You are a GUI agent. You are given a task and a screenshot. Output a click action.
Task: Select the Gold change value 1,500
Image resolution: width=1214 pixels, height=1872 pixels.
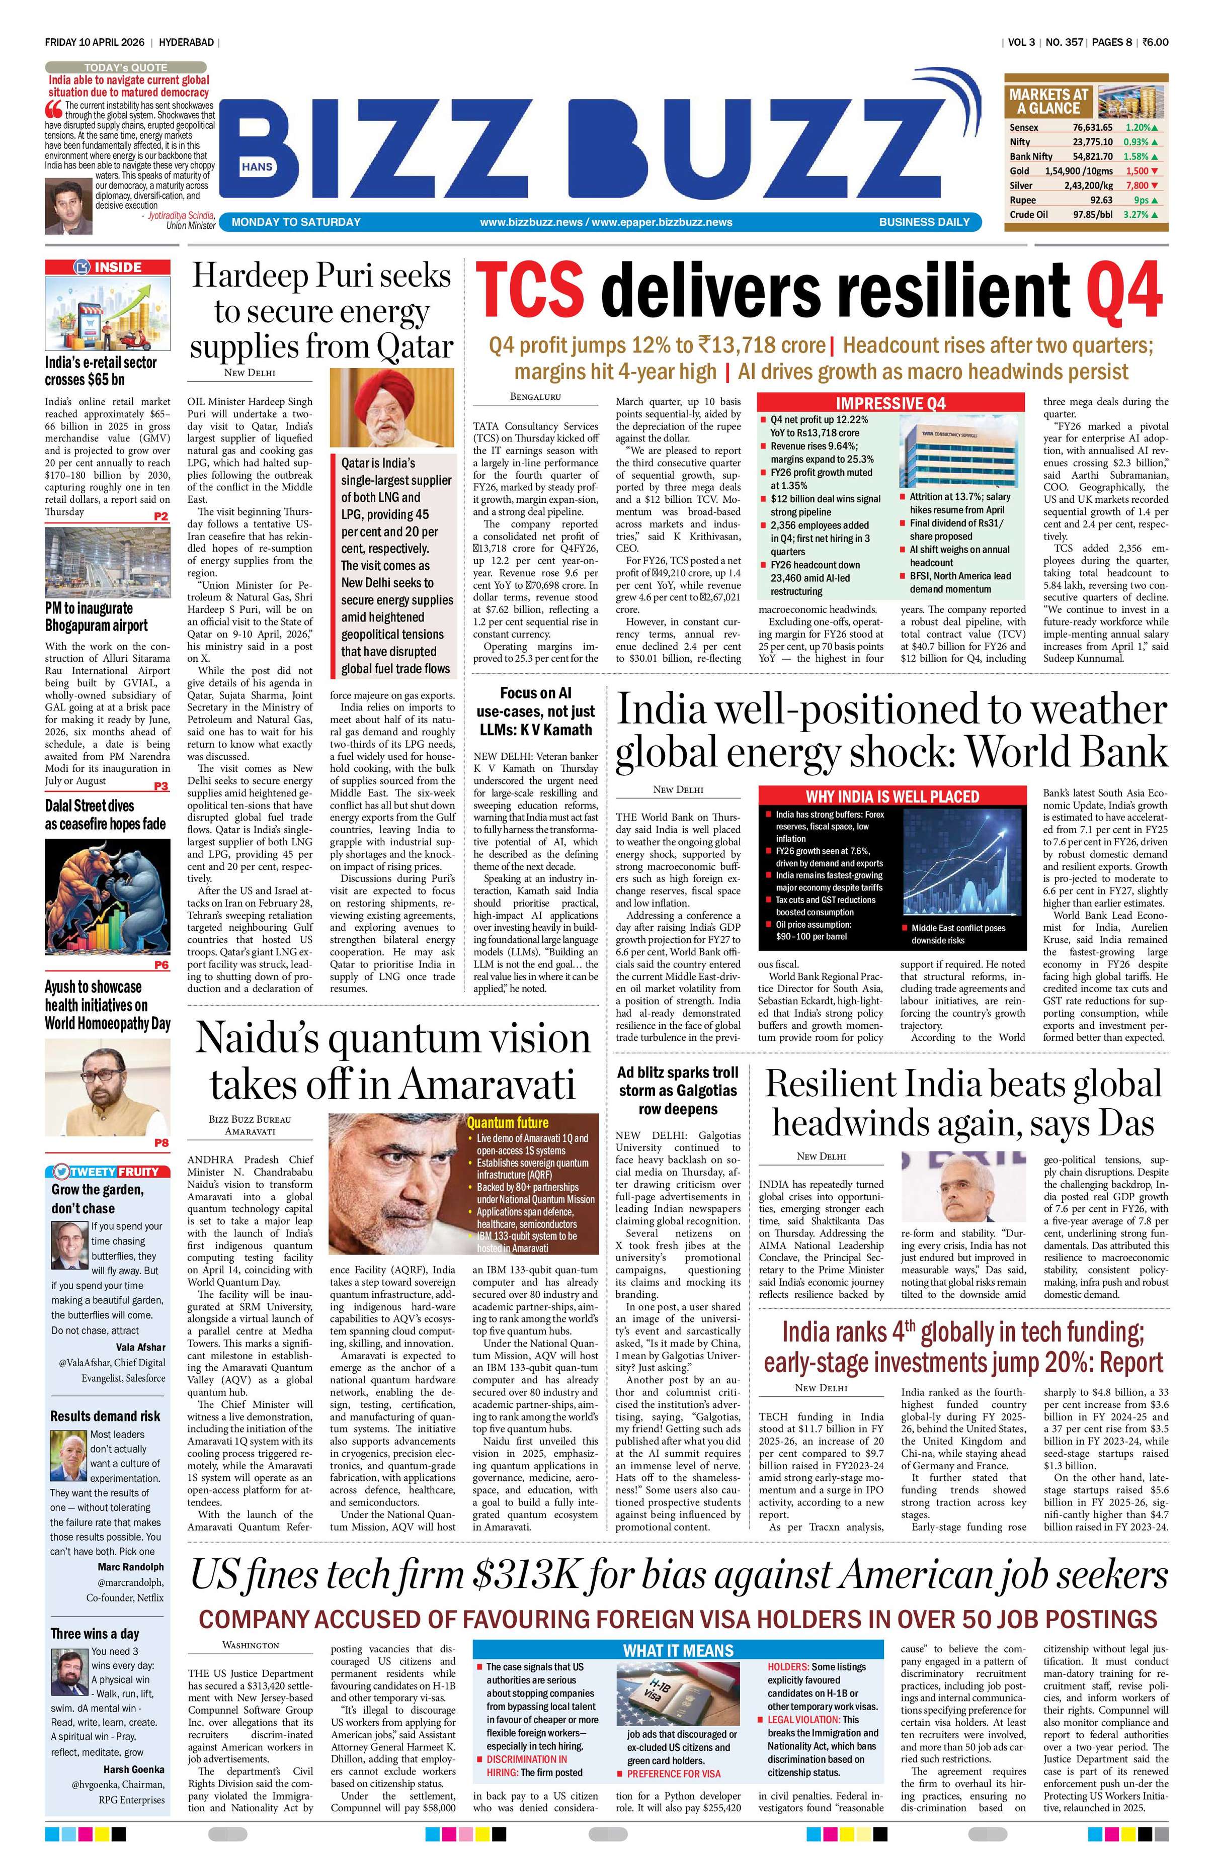pyautogui.click(x=1139, y=170)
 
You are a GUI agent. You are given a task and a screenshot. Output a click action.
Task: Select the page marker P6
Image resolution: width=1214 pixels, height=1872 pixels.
pyautogui.click(x=161, y=964)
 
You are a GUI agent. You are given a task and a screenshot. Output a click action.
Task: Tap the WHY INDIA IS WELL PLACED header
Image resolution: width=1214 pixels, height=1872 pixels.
pyautogui.click(x=892, y=796)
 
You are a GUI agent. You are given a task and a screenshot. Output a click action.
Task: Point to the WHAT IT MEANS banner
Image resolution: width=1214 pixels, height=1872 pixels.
pyautogui.click(x=677, y=1650)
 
